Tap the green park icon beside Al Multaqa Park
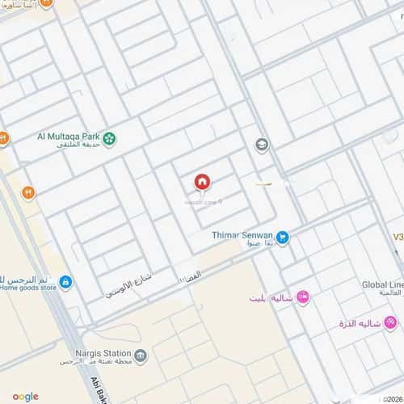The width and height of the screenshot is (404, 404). coord(109,140)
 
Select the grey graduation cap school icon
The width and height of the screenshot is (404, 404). coord(262,145)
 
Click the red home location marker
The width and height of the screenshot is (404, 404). coord(201,183)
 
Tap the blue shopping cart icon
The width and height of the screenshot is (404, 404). coord(283,238)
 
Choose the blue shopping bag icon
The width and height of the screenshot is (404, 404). coord(65,282)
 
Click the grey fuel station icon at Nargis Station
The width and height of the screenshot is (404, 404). coord(141,356)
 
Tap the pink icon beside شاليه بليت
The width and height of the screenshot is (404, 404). coord(303,297)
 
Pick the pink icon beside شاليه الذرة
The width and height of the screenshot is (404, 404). coord(391,324)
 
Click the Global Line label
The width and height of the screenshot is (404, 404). coord(382,285)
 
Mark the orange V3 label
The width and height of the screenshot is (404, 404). coord(397,238)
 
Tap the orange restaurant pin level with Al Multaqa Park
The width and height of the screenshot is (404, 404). coord(4,138)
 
